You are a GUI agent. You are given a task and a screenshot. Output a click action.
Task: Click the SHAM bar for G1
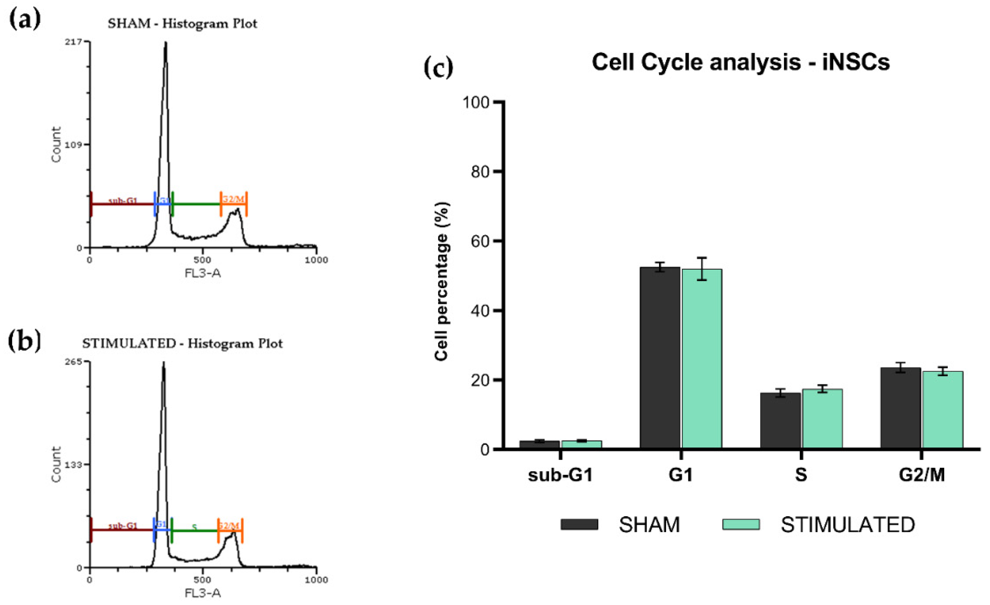point(660,357)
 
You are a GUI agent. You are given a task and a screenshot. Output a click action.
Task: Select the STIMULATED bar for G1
point(702,359)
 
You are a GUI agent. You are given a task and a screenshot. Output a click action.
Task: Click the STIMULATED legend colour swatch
point(740,525)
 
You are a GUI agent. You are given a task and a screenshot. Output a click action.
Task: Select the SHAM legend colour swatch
point(579,525)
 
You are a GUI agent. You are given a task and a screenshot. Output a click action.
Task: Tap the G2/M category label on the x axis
point(922,475)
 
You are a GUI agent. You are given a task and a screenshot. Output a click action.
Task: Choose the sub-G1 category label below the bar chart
point(560,475)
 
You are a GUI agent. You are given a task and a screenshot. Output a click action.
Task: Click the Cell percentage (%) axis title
point(442,281)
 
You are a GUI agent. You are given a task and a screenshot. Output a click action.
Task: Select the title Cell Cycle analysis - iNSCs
point(740,63)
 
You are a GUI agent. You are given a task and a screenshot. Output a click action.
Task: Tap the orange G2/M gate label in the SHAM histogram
point(233,199)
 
